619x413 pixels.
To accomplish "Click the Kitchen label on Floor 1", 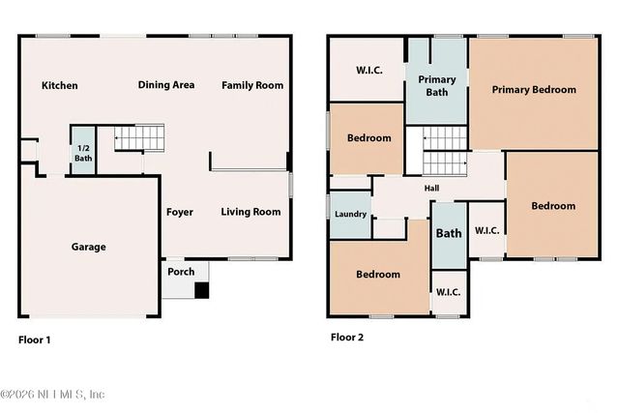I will (x=59, y=85).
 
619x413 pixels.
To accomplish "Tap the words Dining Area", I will (x=165, y=85).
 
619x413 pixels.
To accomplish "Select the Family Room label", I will (x=252, y=85).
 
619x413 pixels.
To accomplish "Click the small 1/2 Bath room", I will (x=83, y=152).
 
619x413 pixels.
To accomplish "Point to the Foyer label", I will (x=179, y=212).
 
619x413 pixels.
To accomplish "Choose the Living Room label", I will (x=251, y=212).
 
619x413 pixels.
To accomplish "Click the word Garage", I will (x=88, y=247).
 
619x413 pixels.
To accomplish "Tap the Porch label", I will (x=181, y=272).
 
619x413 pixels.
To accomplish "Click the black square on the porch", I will (x=201, y=290).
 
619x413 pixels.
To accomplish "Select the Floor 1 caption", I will (x=36, y=339).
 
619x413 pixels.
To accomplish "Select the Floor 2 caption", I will (x=347, y=338).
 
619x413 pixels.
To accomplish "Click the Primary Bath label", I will (x=437, y=86).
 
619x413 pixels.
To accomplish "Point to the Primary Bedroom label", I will (x=533, y=90).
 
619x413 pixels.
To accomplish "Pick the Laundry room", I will (x=349, y=214).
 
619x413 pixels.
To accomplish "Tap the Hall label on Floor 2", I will (x=432, y=189).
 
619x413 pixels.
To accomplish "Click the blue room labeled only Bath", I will (x=449, y=233).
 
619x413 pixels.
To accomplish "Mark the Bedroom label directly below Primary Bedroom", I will (x=552, y=206).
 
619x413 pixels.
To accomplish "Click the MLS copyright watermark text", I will (x=53, y=394).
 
